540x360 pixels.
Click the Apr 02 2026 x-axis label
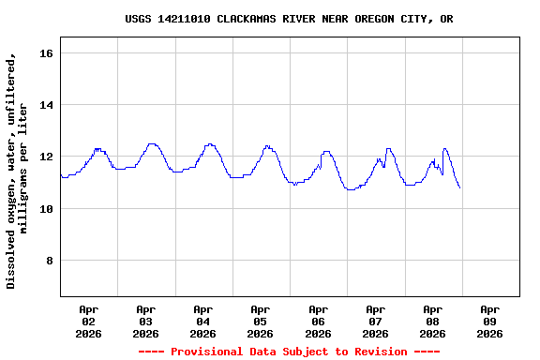(88, 321)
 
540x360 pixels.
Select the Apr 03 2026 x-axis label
(145, 321)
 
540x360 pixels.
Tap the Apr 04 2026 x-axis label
(202, 321)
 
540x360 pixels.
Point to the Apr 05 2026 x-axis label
(260, 321)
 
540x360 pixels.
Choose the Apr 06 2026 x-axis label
(318, 321)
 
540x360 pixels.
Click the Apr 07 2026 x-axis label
(375, 321)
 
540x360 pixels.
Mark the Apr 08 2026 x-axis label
(432, 321)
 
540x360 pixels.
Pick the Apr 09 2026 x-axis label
(489, 321)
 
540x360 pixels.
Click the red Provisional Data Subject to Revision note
(289, 352)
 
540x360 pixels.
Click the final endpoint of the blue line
(459, 188)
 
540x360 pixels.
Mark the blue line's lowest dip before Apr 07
(351, 189)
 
